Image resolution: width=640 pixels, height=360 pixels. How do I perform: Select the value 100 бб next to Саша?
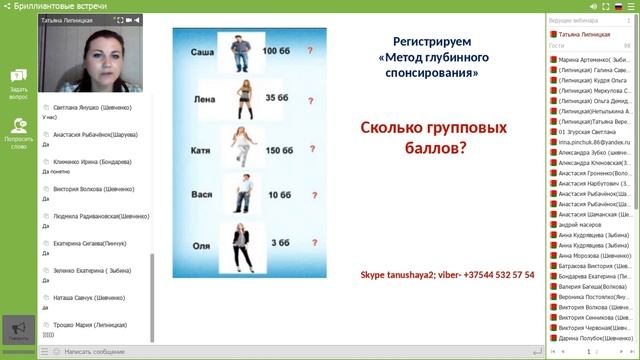(x=276, y=50)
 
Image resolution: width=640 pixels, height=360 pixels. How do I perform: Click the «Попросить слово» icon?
(x=18, y=131)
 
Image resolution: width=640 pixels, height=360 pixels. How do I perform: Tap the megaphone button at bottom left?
(x=17, y=329)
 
